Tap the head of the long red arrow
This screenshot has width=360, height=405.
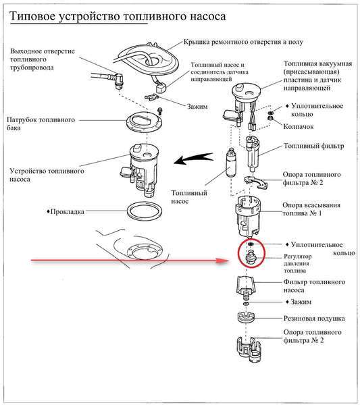[x=224, y=261]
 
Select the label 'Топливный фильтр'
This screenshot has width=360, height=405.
[x=314, y=146]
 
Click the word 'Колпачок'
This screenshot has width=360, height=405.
[x=299, y=127]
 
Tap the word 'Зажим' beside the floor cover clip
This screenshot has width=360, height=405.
[x=197, y=107]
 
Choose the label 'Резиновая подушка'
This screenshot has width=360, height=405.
[x=314, y=319]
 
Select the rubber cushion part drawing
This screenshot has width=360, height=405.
[x=246, y=318]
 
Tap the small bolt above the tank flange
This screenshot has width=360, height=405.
[x=160, y=111]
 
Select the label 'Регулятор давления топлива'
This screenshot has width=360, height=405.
[x=298, y=263]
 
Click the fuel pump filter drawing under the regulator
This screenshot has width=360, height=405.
[x=245, y=286]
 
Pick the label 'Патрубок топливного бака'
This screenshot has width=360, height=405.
[x=41, y=124]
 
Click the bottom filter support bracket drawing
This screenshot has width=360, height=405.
[x=249, y=349]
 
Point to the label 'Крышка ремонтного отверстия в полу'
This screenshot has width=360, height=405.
[x=243, y=42]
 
